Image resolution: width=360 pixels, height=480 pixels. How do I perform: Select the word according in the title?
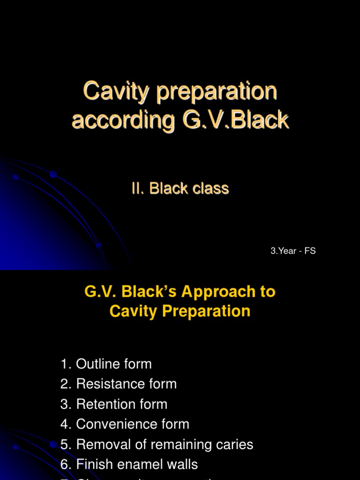click(x=123, y=120)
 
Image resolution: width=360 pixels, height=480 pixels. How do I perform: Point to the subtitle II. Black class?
click(x=180, y=188)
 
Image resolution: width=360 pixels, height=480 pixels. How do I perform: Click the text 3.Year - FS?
click(x=293, y=251)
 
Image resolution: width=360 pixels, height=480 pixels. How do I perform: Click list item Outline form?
click(x=113, y=364)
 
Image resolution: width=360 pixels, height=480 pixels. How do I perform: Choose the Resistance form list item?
click(x=126, y=384)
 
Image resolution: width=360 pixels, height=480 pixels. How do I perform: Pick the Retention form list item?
click(x=121, y=404)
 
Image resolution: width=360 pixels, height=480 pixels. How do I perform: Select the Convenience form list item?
click(x=133, y=424)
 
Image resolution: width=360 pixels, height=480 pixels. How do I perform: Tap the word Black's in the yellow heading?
click(x=149, y=292)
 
